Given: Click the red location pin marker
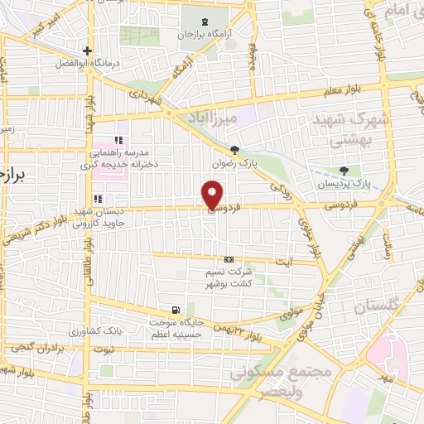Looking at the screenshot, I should pos(213,196).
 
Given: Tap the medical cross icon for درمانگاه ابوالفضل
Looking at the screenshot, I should pos(87,51).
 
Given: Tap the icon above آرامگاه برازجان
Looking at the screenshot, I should pos(205,20).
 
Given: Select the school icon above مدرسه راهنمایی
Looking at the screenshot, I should pos(119,139).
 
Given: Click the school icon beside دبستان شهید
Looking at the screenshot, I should pos(98,199).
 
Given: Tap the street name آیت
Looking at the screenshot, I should pos(283,263).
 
